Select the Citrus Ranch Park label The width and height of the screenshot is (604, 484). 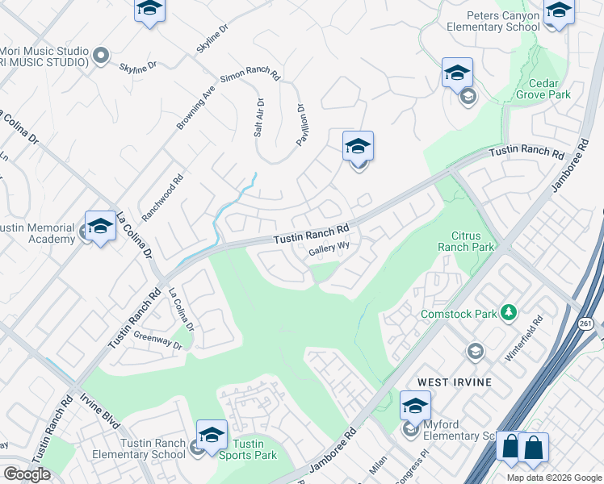[x=466, y=241]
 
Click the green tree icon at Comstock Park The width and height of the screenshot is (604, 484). [x=509, y=312]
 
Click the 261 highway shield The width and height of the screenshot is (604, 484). [x=587, y=323]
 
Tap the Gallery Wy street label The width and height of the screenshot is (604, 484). [x=329, y=251]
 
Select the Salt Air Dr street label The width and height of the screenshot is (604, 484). [x=258, y=118]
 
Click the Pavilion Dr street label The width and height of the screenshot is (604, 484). [x=301, y=124]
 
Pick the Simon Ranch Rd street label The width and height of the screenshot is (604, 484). [x=250, y=78]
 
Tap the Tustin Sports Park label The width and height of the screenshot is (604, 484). [x=248, y=449]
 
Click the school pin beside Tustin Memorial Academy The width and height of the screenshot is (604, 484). [x=100, y=227]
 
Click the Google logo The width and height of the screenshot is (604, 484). [x=27, y=474]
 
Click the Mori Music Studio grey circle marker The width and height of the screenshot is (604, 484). [x=101, y=56]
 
